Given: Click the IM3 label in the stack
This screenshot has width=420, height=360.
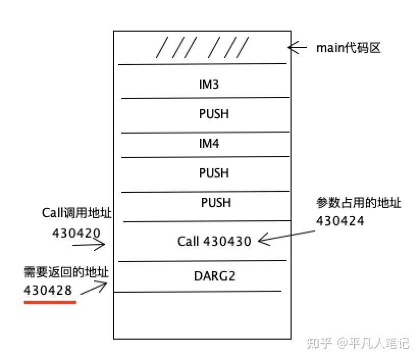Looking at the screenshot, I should pos(209,84).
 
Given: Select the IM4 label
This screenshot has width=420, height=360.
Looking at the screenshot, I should pos(209,144).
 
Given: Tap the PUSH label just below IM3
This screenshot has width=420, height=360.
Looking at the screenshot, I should pos(214,114).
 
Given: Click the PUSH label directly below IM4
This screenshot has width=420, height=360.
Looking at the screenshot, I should pos(214,173).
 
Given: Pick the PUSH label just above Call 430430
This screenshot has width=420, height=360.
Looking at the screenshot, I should pos(216,203).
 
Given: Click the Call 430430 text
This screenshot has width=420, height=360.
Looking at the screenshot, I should pos(215,241).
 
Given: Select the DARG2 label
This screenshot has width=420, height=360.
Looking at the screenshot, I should pos(215,276).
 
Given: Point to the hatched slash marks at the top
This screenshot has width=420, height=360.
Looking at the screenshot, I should pos(202,48).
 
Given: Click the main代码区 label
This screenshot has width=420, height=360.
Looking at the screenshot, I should pos(349,48).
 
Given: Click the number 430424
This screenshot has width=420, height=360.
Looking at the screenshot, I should pos(340,221).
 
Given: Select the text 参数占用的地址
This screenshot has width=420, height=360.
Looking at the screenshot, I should pos(359,203).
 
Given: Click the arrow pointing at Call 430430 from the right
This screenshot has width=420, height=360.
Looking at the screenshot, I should pos(285,236).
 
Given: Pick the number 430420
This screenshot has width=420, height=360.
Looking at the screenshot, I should pos(76,233).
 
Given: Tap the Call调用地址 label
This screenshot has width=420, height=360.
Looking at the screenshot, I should pos(76,214).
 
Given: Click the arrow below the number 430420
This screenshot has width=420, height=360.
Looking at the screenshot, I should pos(89,246).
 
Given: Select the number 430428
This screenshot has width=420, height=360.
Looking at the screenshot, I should pos(48,290).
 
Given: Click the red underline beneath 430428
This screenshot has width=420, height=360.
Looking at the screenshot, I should pos(50,302).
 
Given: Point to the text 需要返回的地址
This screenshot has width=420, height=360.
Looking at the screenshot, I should pos(66,272).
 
